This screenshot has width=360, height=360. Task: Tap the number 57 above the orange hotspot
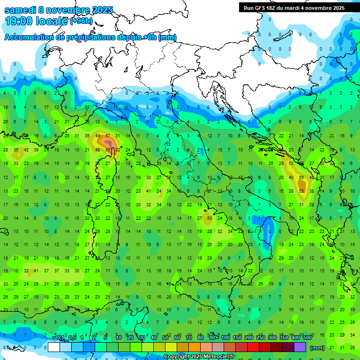tap(108, 136)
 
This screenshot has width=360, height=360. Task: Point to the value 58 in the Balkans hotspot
tap(302, 191)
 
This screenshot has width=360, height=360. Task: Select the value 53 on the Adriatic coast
tap(292, 164)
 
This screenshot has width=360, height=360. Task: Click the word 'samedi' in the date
tap(21, 10)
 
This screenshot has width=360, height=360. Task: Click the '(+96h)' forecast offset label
tap(82, 21)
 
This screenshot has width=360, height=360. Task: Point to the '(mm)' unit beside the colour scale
tap(317, 348)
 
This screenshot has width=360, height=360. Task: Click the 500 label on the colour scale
tap(307, 338)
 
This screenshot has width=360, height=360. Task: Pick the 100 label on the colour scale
tap(225, 338)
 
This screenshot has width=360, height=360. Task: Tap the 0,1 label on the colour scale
tap(60, 338)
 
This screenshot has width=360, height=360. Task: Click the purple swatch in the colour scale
tap(300, 347)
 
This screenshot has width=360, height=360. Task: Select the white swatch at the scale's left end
tap(54, 347)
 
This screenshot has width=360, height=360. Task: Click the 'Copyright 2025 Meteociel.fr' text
tap(199, 357)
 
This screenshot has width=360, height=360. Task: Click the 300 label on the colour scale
tap(272, 338)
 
